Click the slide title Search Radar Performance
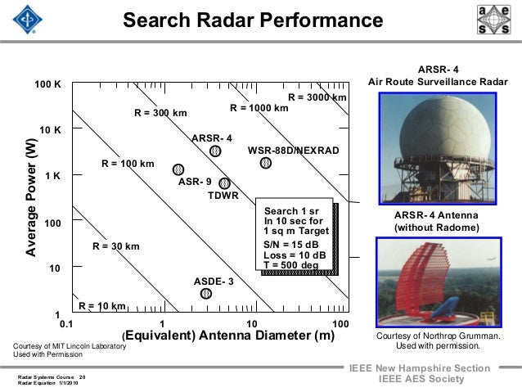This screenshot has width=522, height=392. pos(252,19)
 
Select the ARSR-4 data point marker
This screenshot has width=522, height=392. pos(215,151)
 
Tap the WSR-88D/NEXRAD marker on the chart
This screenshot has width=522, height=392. pos(265,163)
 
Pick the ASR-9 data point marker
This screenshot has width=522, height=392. pos(178,169)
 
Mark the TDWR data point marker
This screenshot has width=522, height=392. pos(225,183)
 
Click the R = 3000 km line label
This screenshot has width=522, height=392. pos(317,97)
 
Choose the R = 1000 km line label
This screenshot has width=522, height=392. pos(259,107)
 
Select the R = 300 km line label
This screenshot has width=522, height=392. pos(160,113)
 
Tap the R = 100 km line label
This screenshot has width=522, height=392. pos(128,164)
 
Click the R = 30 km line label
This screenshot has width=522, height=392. pos(115,246)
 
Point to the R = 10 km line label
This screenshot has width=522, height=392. pos(101,306)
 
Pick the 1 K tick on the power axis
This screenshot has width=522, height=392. pos(52,176)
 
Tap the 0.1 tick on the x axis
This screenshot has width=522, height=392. pos(66,324)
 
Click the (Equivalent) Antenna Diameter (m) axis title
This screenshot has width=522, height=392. pos(228,336)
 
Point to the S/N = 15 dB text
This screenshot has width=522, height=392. pos(291,244)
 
